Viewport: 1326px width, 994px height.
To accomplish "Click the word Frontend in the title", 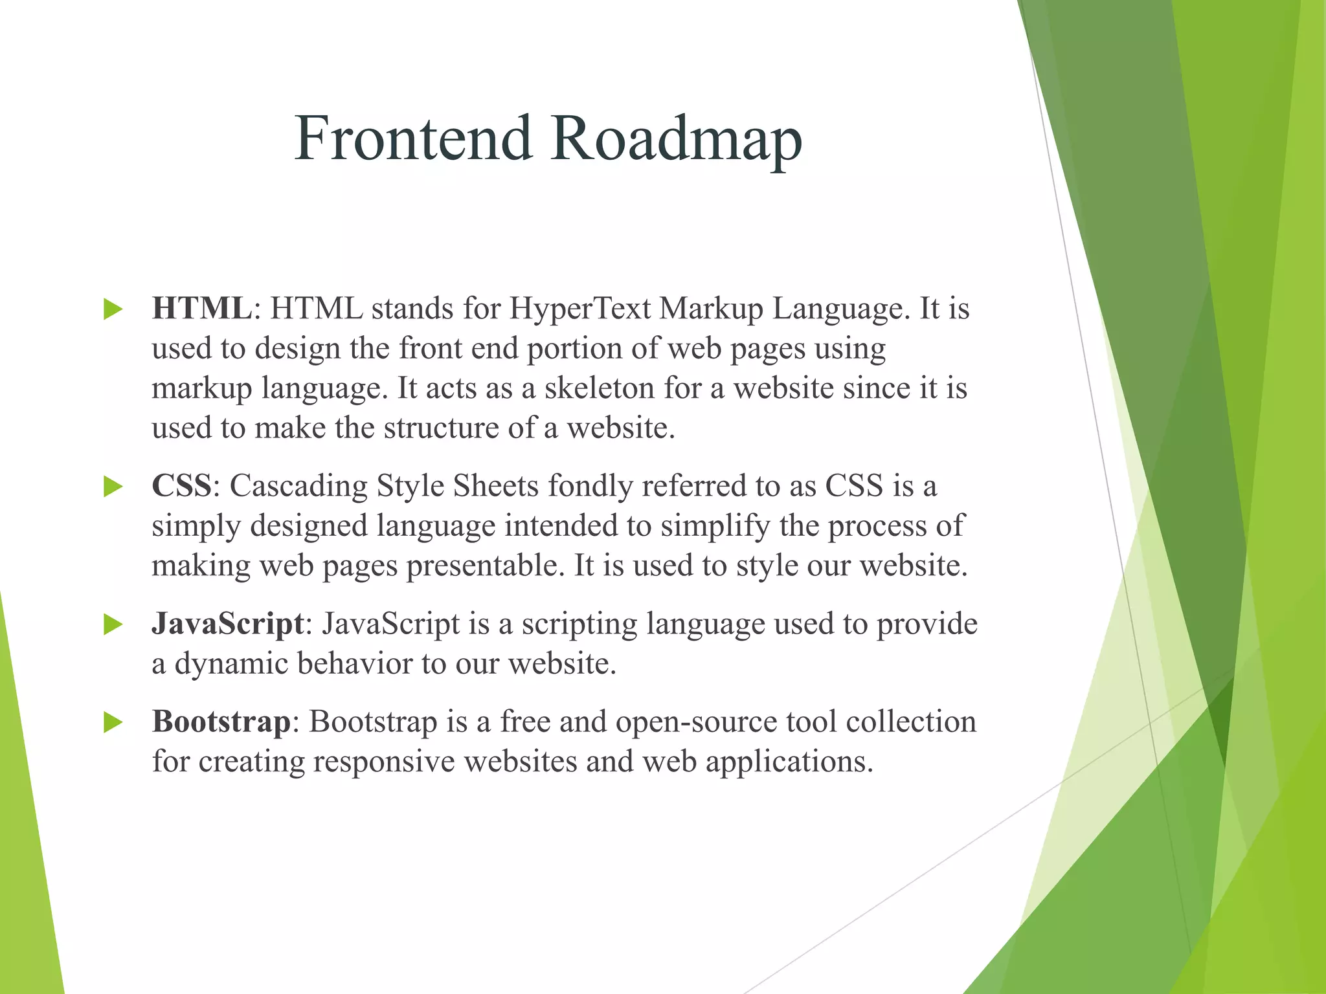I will [x=413, y=138].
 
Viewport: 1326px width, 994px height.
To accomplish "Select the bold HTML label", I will [x=201, y=308].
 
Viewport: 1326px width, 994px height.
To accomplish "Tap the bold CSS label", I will [x=181, y=485].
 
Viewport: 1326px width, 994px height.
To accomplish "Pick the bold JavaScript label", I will [x=228, y=624].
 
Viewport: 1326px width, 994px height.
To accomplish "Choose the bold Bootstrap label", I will [x=221, y=721].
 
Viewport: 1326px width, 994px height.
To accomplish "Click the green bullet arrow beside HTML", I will [x=113, y=309].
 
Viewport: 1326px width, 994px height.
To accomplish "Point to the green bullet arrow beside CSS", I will [x=113, y=487].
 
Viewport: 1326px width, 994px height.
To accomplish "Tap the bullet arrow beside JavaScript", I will [x=113, y=624].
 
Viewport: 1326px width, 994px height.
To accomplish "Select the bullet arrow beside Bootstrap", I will [x=113, y=722].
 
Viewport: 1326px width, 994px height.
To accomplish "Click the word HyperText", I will [x=579, y=309].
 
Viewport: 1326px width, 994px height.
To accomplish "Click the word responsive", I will [x=385, y=761].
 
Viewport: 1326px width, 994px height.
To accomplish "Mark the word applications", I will [x=789, y=762].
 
